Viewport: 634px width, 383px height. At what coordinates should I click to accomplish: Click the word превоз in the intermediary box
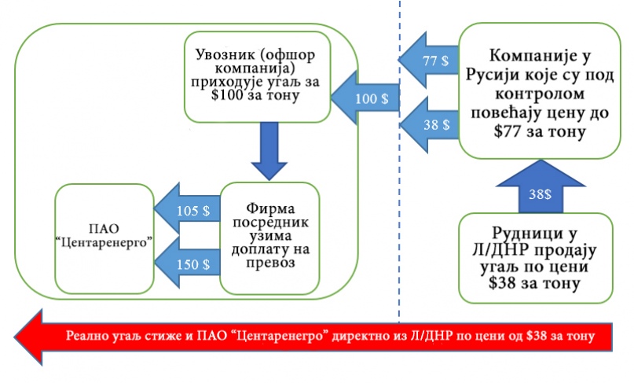269,264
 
